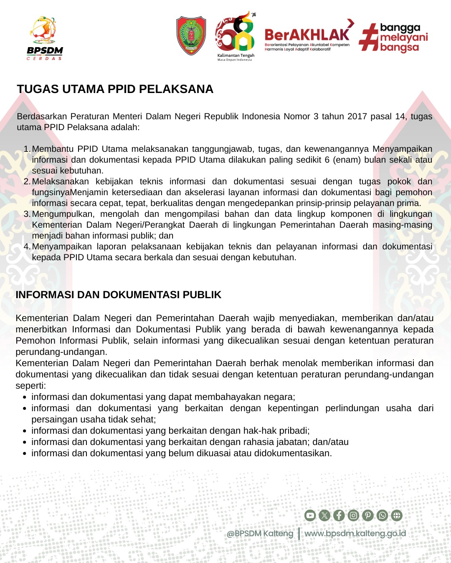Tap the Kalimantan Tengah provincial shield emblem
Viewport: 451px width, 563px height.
pos(191,35)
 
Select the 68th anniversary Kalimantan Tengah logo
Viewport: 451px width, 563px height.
pos(236,35)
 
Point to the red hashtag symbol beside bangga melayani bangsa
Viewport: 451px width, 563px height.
pos(368,37)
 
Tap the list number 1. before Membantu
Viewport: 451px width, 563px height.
pos(27,149)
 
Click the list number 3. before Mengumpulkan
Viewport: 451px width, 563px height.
pos(27,214)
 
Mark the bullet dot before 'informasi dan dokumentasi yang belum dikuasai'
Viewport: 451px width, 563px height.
pos(25,453)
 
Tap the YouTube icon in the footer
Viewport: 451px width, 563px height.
pos(310,515)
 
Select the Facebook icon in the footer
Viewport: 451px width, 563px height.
pos(339,515)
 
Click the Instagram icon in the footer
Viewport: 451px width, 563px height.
pos(353,515)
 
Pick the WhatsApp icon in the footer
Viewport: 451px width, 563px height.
pos(382,515)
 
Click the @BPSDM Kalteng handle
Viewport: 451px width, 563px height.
pos(260,533)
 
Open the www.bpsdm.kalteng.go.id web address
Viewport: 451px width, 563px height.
pos(355,533)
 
